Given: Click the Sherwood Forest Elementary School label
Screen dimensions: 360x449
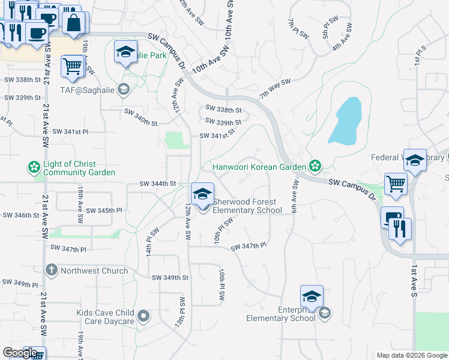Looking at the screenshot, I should (247, 206).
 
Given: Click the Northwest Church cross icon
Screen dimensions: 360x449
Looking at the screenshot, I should (51, 271).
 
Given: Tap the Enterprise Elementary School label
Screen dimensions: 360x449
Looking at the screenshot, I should (280, 314).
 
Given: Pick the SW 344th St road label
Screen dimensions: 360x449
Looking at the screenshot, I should (157, 183).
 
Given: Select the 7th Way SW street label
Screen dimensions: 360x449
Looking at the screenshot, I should (275, 88).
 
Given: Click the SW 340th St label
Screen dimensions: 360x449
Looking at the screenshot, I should (140, 118).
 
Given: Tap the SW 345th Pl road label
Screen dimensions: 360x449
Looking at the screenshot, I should (104, 211).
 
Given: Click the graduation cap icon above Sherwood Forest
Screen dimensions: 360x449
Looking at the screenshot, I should (202, 194).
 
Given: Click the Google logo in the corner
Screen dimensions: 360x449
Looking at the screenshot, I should (19, 353).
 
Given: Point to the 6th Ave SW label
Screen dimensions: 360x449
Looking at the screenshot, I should (295, 192).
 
